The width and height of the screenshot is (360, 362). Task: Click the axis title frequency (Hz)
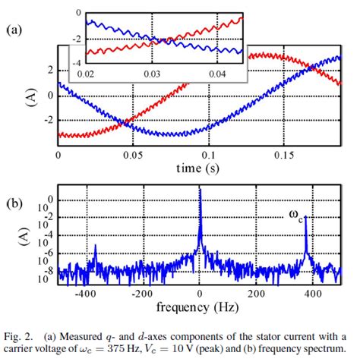point(200,307)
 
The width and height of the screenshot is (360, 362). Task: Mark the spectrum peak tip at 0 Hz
point(200,189)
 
